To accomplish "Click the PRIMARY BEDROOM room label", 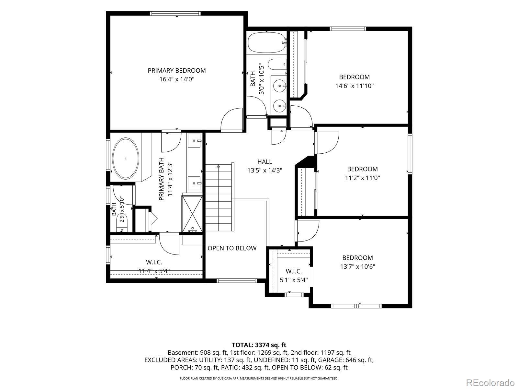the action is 177,71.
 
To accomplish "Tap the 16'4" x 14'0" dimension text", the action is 177,79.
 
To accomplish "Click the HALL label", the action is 265,162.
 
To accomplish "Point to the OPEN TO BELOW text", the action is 232,248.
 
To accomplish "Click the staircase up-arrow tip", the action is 219,165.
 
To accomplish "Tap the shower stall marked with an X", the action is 192,214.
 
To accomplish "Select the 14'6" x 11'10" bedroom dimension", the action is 355,86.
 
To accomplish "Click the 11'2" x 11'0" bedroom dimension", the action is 363,178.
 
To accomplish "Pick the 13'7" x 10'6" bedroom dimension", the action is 357,267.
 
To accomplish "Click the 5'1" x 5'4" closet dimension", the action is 294,280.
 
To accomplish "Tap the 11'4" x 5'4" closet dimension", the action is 154,271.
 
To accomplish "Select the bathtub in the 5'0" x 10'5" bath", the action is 267,43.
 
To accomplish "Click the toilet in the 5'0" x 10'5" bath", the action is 277,64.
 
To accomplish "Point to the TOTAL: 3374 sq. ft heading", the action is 259,345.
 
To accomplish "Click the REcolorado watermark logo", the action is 490,382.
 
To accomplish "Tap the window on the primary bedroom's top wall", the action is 175,14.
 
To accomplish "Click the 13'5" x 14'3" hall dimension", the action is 265,170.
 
